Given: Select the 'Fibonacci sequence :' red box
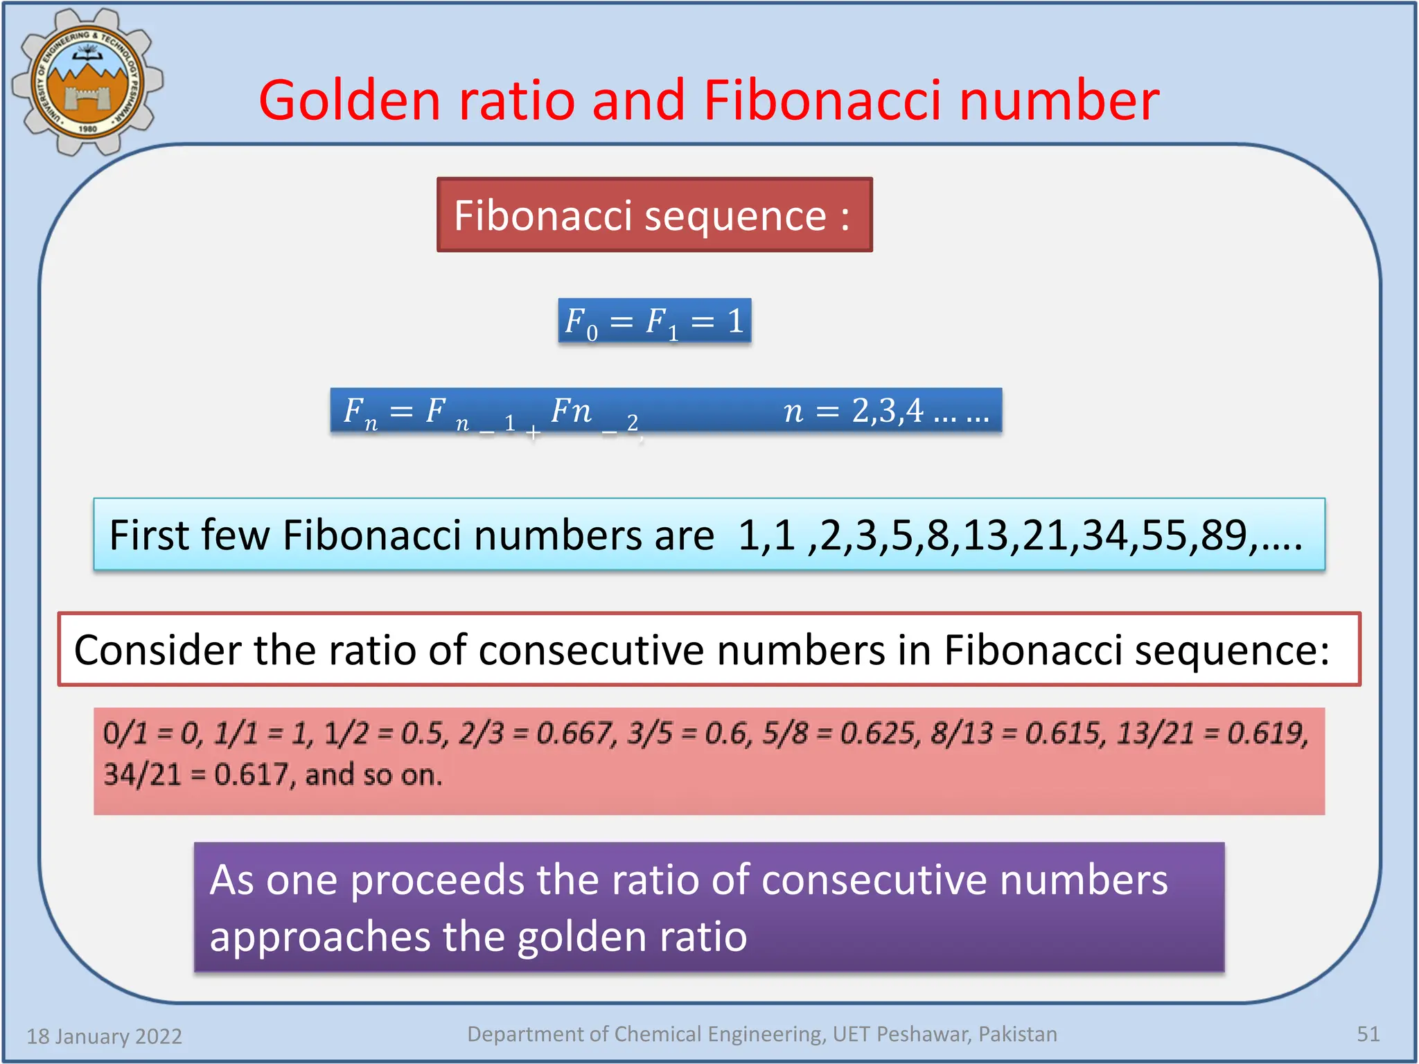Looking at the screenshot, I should coord(654,215).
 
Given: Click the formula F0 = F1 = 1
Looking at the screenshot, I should coord(654,321).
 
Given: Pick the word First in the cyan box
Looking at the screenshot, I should coord(150,535).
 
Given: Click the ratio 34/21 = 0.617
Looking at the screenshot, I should coord(195,774).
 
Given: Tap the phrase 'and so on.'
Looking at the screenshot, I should coord(373,774).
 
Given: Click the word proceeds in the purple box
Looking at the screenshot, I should coord(437,880).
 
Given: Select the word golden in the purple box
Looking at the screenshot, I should coord(583,937).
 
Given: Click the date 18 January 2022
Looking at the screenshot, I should coord(104,1036).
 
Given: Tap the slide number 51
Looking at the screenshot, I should coord(1368,1034).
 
